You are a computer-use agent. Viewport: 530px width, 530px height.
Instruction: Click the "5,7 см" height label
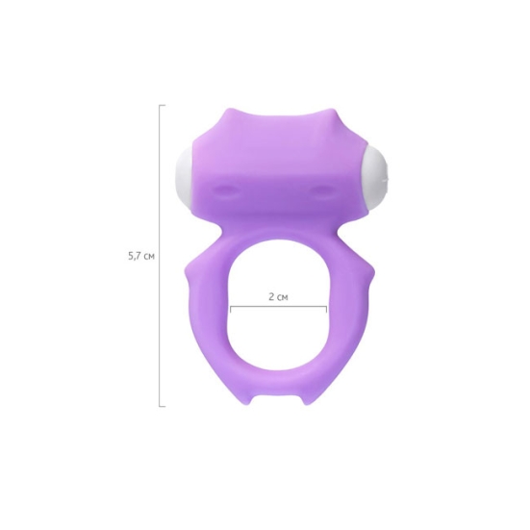[141, 257]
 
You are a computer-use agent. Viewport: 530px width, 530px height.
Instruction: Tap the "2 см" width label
[278, 297]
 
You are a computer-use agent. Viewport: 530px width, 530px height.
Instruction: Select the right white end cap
[376, 177]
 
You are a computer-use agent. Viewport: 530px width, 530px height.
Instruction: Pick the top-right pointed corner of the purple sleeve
[331, 112]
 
